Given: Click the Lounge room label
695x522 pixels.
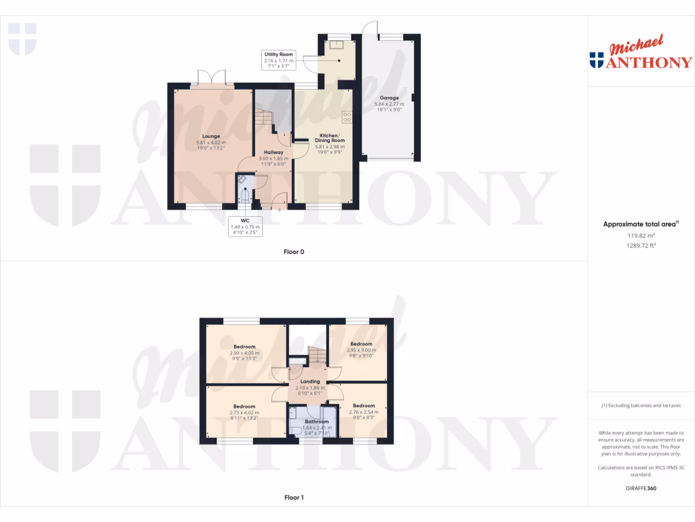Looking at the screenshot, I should point(211,136).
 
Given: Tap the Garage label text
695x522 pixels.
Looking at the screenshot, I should point(389,98).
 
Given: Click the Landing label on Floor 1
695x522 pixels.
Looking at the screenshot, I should point(309,382).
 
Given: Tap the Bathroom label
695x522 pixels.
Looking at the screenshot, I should point(316,421).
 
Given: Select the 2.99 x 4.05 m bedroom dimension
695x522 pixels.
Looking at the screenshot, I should point(244,353).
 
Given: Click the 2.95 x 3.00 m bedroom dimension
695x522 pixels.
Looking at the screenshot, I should point(361,349).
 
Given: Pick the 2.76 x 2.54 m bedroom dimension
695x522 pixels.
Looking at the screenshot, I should point(364,412).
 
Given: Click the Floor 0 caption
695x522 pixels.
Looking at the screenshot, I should point(294,252).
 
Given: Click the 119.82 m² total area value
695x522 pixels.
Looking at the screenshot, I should point(641,236).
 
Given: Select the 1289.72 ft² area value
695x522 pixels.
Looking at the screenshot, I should point(641,245).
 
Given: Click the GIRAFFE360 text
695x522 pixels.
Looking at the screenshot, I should point(641,488).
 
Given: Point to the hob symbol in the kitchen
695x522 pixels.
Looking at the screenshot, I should point(347,118).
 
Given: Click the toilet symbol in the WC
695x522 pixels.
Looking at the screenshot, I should point(244,196).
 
